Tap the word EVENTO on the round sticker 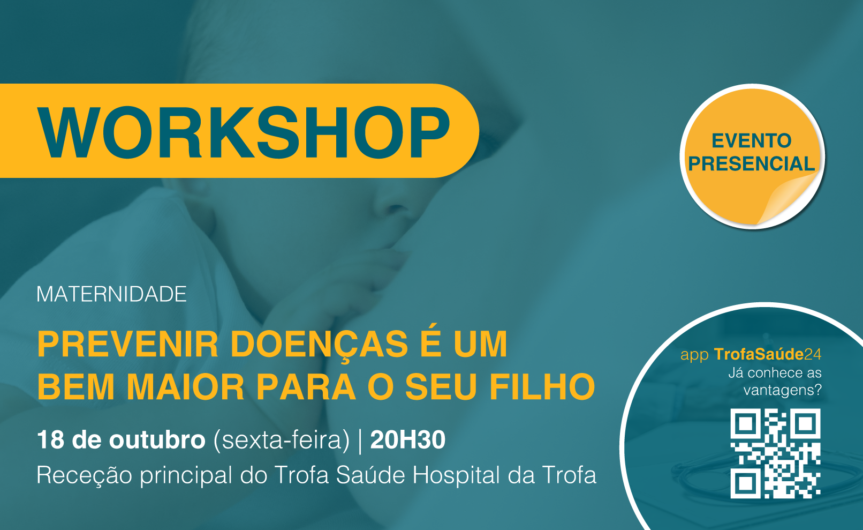coord(751,141)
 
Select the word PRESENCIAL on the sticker coord(751,163)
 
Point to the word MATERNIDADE coord(111,294)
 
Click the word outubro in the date coord(157,439)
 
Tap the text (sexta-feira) coord(282,440)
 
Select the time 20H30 coord(407,439)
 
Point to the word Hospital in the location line coord(456,476)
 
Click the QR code coord(776,453)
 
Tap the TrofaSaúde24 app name coord(768,354)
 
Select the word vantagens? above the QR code coord(783,390)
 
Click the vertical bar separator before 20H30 coord(360,441)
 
